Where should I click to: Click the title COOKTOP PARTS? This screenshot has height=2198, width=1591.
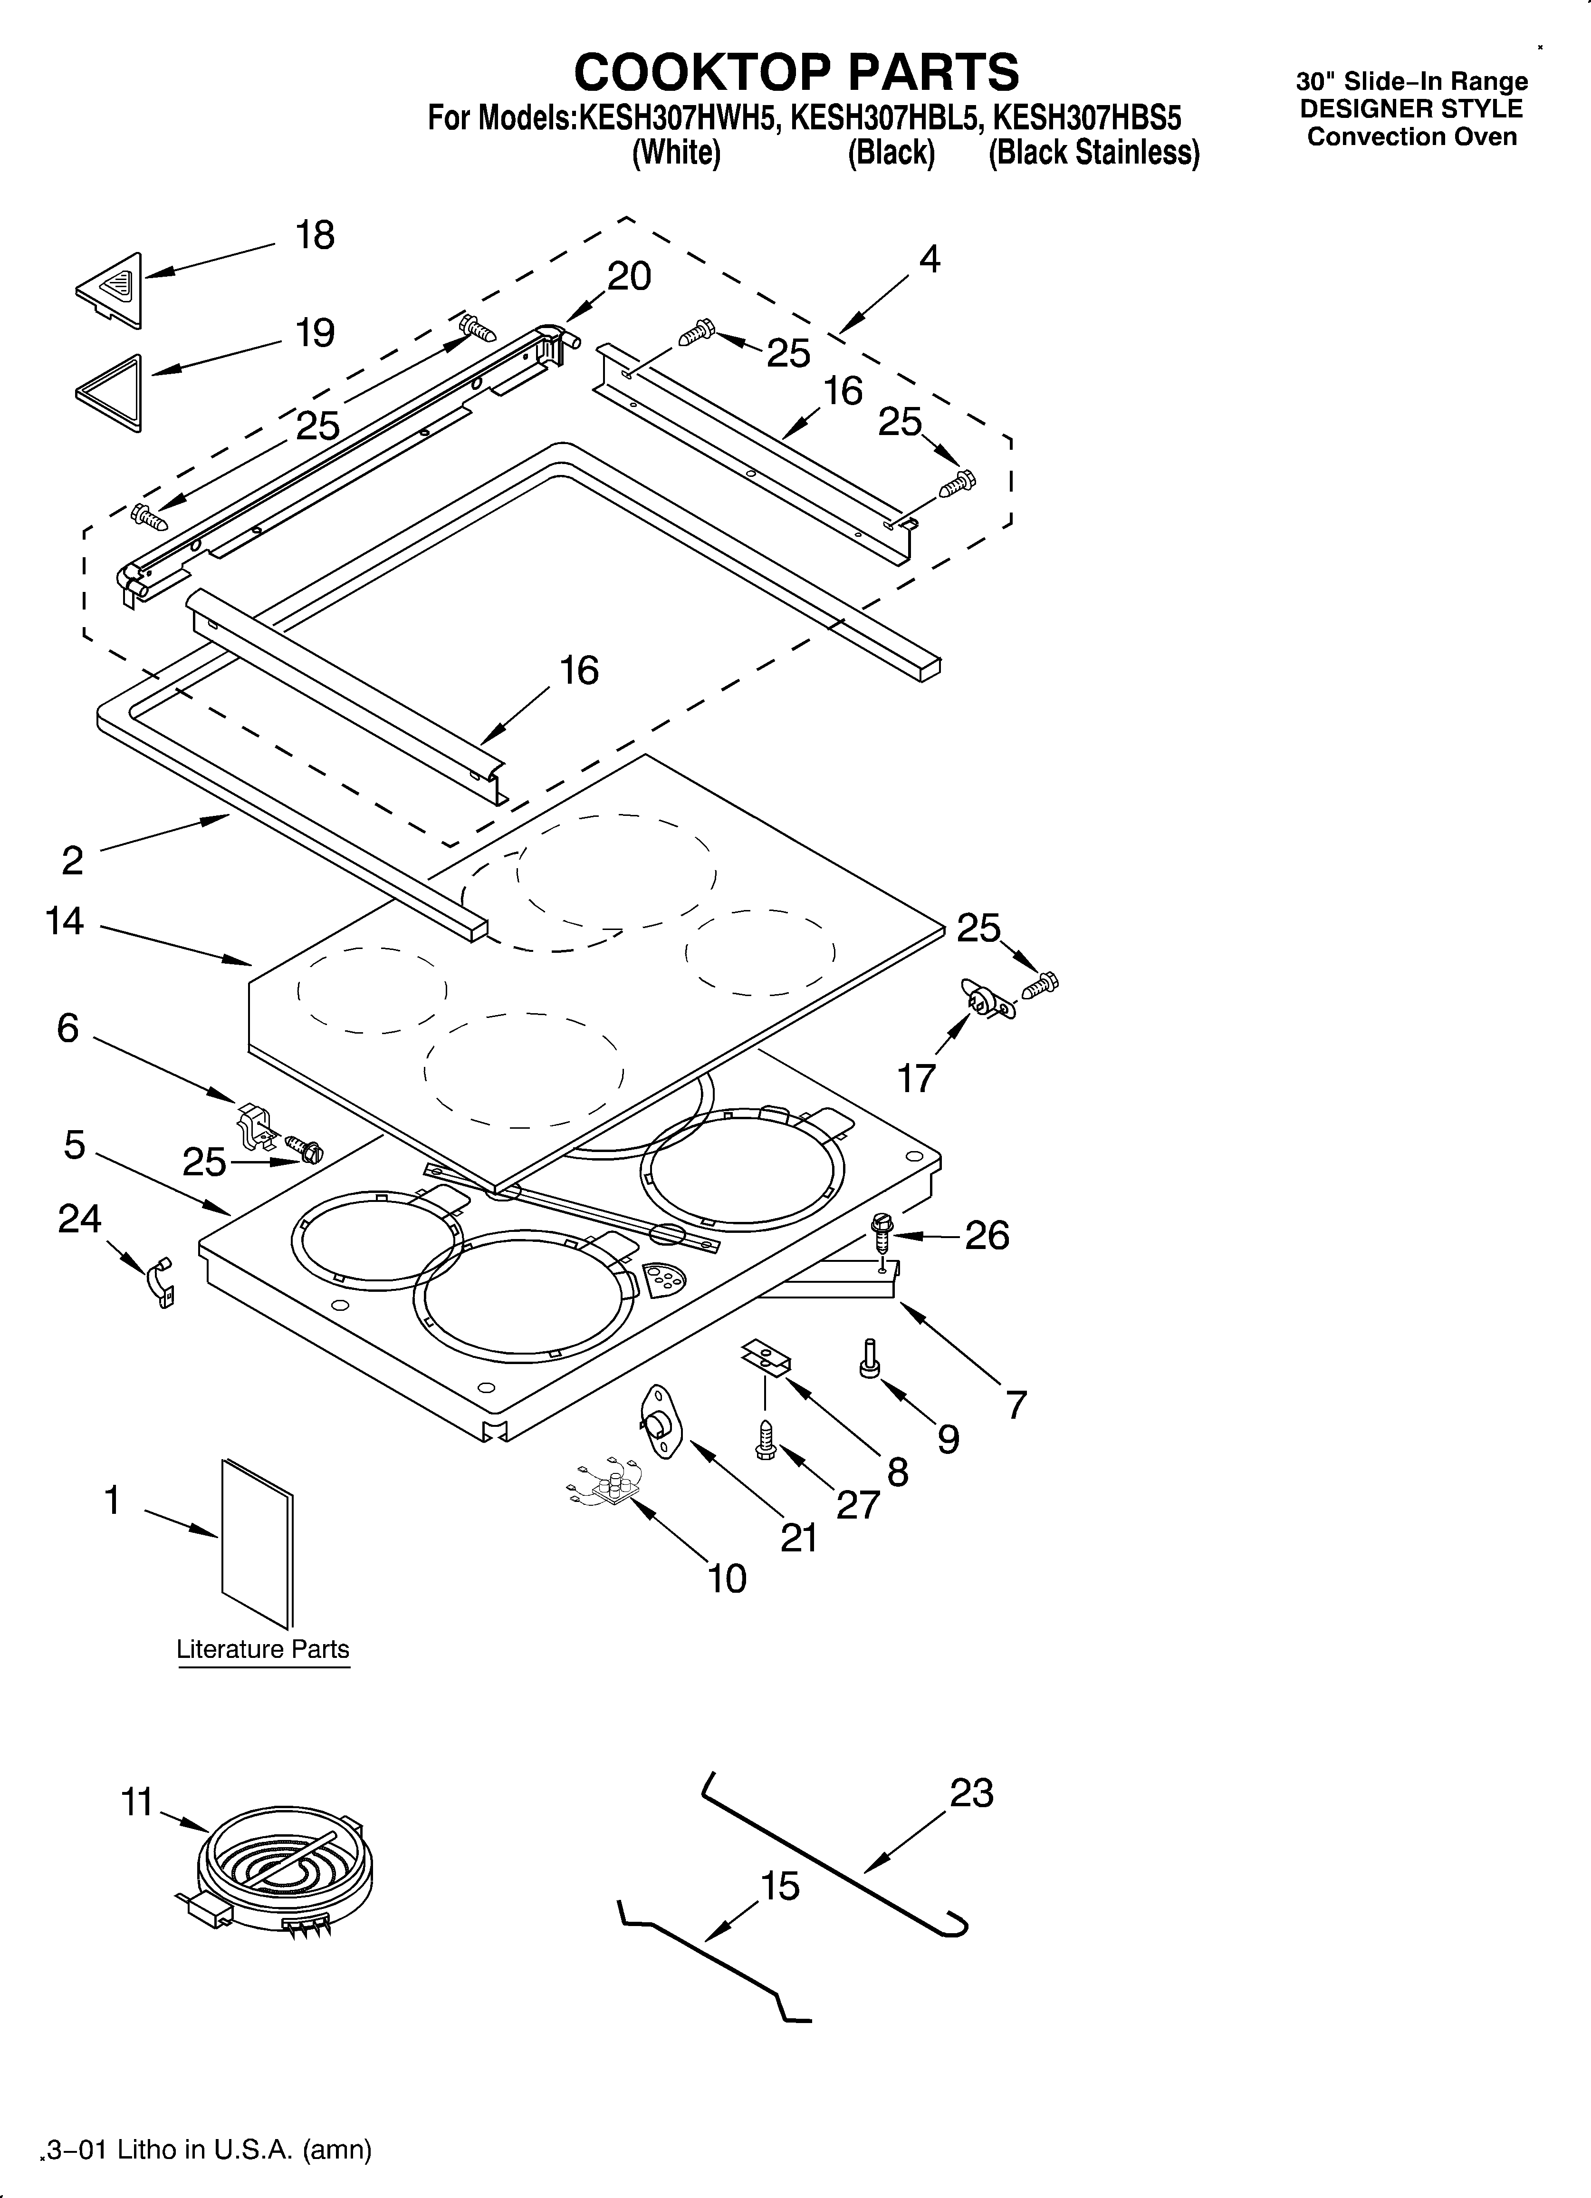pos(796,72)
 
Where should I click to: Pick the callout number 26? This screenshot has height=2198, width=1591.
pos(987,1236)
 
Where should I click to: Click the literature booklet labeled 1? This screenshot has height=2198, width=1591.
pos(257,1543)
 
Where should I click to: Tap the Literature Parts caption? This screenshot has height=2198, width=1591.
pos(263,1649)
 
